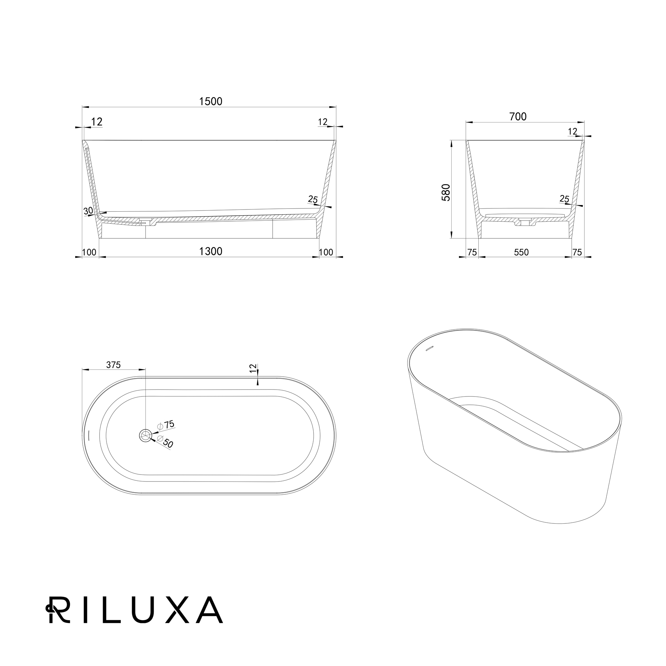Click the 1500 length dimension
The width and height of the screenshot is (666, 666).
pyautogui.click(x=211, y=101)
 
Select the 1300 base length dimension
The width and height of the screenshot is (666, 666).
pyautogui.click(x=211, y=251)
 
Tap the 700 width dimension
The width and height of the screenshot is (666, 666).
pyautogui.click(x=518, y=117)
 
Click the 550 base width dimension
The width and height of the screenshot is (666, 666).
pyautogui.click(x=521, y=252)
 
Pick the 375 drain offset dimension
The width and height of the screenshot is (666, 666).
pyautogui.click(x=113, y=365)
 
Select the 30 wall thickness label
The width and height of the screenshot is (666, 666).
pyautogui.click(x=88, y=211)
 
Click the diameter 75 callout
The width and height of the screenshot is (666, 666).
pyautogui.click(x=166, y=425)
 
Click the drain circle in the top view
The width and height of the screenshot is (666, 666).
pyautogui.click(x=145, y=435)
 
